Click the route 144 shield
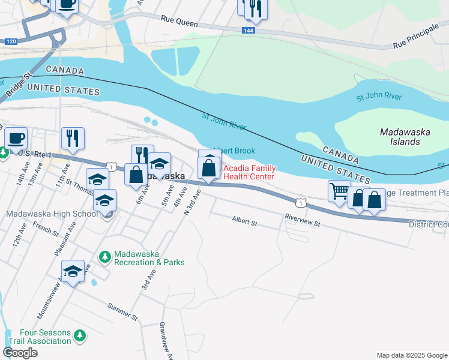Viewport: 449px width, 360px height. pos(248,30)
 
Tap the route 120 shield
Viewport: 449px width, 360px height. pos(10,41)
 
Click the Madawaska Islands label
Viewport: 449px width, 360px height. pos(400,136)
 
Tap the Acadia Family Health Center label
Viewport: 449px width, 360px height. pos(249,172)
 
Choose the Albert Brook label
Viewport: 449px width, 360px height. pos(235,151)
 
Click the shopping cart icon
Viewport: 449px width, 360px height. pos(339,191)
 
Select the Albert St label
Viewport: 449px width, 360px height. pos(244,223)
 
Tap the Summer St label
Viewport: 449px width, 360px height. pos(122,311)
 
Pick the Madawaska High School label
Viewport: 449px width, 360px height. pos(51,214)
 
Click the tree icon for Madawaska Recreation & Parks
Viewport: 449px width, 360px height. pos(105,256)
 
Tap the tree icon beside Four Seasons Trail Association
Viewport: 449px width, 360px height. pos(79,336)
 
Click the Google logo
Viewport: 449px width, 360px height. pos(20,353)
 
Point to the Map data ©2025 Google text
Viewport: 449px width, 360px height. pos(411,355)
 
